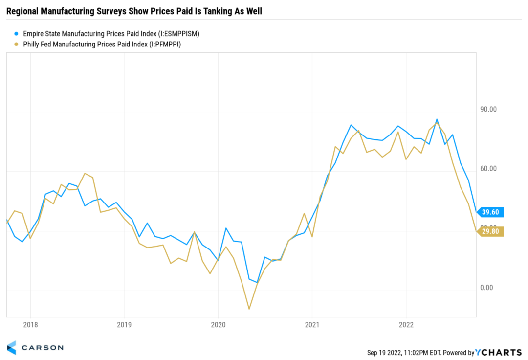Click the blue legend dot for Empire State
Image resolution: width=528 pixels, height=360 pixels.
click(x=16, y=34)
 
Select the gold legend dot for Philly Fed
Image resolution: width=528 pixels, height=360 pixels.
click(x=16, y=45)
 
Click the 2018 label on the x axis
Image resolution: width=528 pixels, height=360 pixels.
click(x=30, y=325)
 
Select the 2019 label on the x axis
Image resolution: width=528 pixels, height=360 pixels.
click(x=124, y=325)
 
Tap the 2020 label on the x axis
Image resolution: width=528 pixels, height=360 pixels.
click(x=218, y=325)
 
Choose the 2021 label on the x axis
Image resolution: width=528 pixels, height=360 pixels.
click(x=312, y=325)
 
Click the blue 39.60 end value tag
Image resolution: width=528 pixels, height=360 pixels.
click(x=490, y=212)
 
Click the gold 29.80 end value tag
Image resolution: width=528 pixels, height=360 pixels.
click(x=490, y=232)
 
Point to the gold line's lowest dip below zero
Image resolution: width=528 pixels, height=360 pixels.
click(x=249, y=309)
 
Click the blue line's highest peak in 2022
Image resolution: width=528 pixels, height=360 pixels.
click(x=437, y=119)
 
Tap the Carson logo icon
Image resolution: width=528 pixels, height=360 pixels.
click(x=11, y=347)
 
